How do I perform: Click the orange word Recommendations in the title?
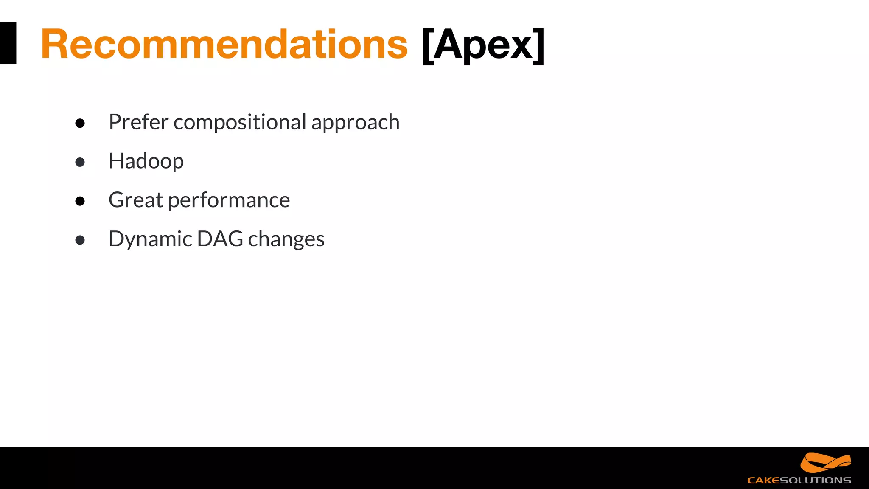[x=224, y=44]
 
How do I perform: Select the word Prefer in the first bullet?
[x=138, y=122]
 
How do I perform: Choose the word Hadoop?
[x=146, y=161]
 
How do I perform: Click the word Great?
[x=135, y=200]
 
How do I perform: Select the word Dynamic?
[x=150, y=239]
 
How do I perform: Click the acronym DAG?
[x=220, y=239]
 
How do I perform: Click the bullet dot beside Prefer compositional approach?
[x=80, y=123]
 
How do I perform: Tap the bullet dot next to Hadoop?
[x=80, y=162]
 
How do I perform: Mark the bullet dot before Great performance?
[x=80, y=201]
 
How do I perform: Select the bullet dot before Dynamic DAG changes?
[x=80, y=240]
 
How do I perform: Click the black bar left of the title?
[x=8, y=43]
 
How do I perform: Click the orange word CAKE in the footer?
[x=763, y=481]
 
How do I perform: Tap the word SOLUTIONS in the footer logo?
[x=816, y=481]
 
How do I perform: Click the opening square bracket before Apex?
[x=427, y=45]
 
